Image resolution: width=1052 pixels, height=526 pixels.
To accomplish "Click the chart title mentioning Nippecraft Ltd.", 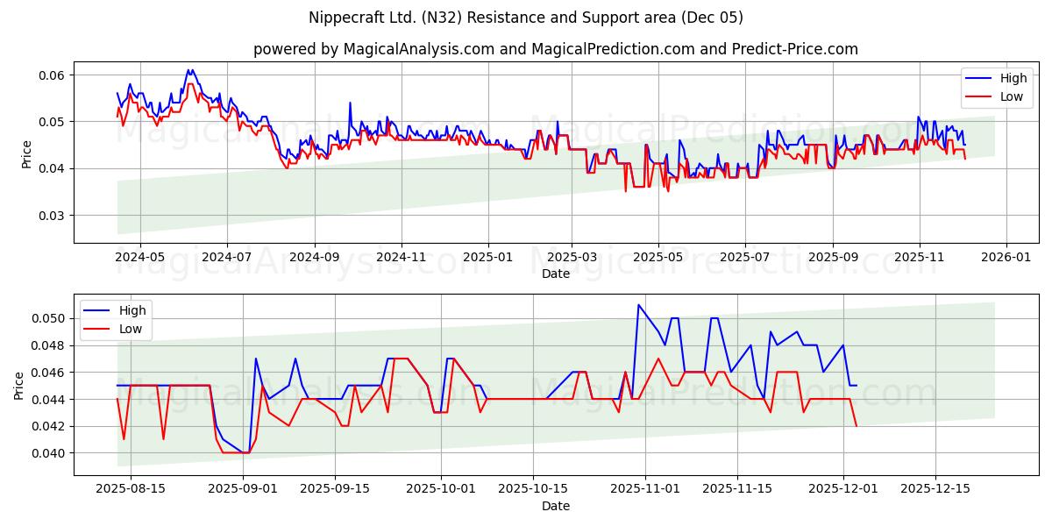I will (x=526, y=18).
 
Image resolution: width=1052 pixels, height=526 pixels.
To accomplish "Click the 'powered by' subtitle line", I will (x=556, y=49).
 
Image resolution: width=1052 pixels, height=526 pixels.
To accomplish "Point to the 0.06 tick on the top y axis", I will (x=52, y=75).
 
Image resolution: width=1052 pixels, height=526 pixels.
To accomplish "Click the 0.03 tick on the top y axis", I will (x=52, y=215).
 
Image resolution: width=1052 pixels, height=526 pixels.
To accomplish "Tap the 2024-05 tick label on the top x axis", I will (x=140, y=259).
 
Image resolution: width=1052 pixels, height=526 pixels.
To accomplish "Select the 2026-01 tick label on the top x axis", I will (x=1006, y=259).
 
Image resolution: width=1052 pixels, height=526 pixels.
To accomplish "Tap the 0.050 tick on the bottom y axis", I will (x=48, y=318).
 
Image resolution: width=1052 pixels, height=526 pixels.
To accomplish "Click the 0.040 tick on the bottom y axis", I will (x=48, y=453).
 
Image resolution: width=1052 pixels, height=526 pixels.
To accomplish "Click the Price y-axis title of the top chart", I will (x=27, y=154).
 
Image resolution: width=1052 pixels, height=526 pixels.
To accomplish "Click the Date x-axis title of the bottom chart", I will (x=556, y=506).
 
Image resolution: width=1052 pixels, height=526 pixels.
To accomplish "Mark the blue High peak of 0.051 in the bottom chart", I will (x=638, y=305).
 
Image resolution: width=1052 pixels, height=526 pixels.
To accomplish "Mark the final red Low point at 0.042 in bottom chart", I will (x=857, y=426).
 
